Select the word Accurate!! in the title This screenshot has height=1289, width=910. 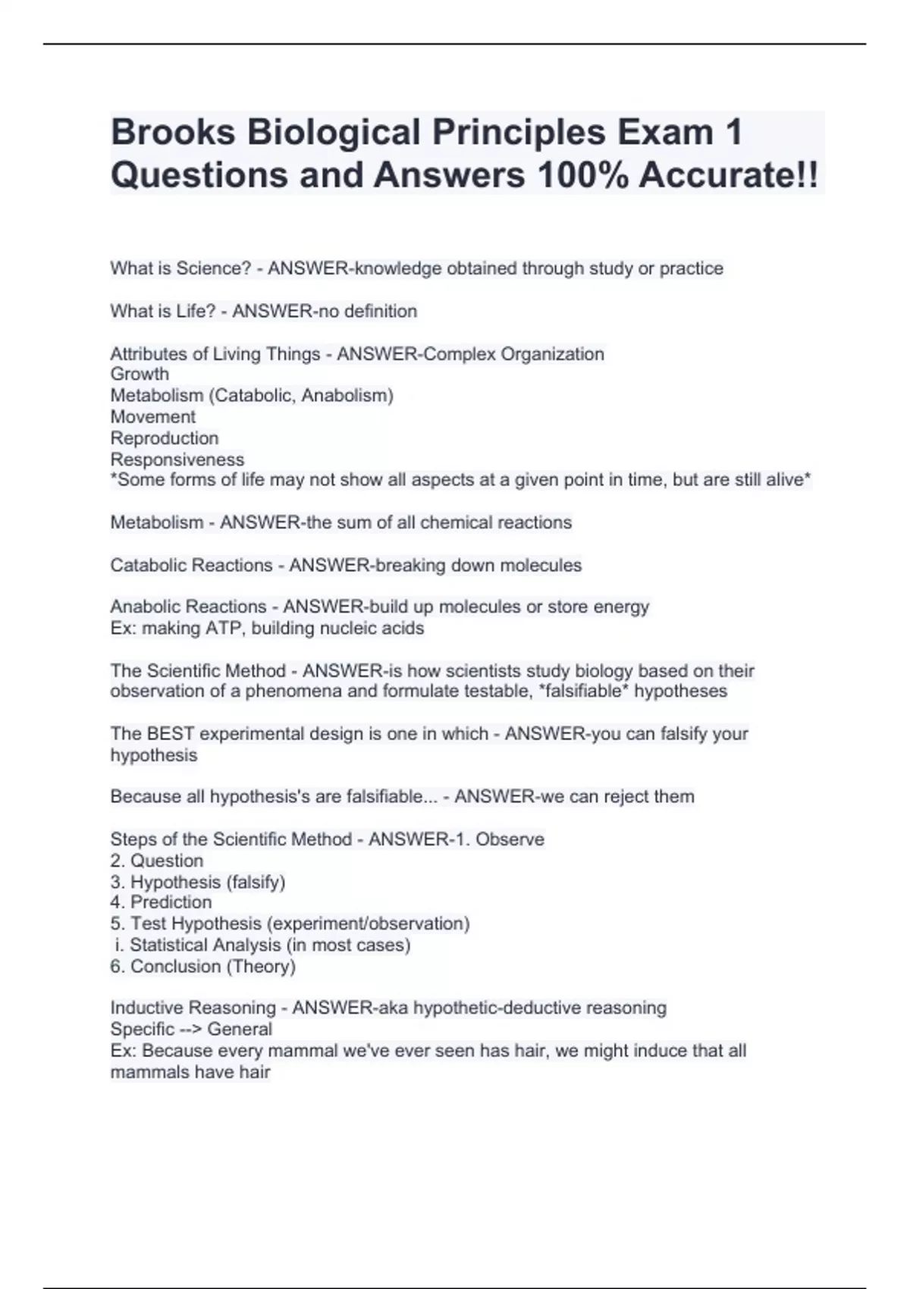(x=728, y=175)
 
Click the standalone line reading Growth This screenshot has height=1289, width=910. (x=140, y=374)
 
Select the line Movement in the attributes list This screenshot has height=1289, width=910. (x=152, y=416)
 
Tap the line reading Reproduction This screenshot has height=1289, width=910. (x=164, y=438)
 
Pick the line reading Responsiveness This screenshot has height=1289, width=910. (x=177, y=459)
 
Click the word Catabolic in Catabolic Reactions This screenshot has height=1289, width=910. (x=148, y=565)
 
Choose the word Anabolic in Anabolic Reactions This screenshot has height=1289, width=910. (x=146, y=607)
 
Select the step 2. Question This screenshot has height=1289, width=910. (x=156, y=861)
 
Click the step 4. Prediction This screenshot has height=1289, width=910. (x=161, y=902)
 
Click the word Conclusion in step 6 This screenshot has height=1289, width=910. (x=177, y=966)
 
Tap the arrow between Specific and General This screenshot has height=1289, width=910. (x=190, y=1029)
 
